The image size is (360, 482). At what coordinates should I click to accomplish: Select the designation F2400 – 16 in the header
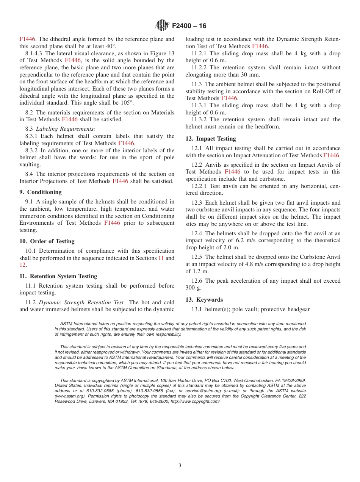tap(189, 26)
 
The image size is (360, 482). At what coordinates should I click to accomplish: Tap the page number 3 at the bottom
tap(180, 466)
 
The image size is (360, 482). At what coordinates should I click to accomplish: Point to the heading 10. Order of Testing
tap(47, 241)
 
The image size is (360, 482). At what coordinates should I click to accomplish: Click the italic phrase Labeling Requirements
tap(66, 129)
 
